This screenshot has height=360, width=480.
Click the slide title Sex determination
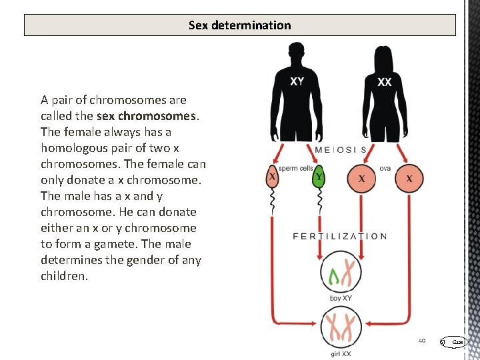click(240, 25)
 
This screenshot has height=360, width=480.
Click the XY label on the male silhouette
click(297, 81)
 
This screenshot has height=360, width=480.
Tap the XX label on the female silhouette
click(385, 83)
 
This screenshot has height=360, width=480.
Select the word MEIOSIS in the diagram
click(340, 150)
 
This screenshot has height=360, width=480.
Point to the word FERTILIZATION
click(340, 236)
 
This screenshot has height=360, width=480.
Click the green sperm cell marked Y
click(320, 178)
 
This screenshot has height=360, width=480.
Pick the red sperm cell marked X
click(273, 178)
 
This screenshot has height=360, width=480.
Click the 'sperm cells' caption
click(296, 169)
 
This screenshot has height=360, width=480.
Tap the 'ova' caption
click(385, 169)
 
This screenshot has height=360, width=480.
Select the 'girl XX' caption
click(341, 354)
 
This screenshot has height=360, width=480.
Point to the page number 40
click(422, 341)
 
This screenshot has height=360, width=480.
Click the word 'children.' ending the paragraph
click(64, 276)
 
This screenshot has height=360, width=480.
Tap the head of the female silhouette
click(384, 55)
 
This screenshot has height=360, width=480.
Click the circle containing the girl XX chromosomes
click(341, 328)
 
